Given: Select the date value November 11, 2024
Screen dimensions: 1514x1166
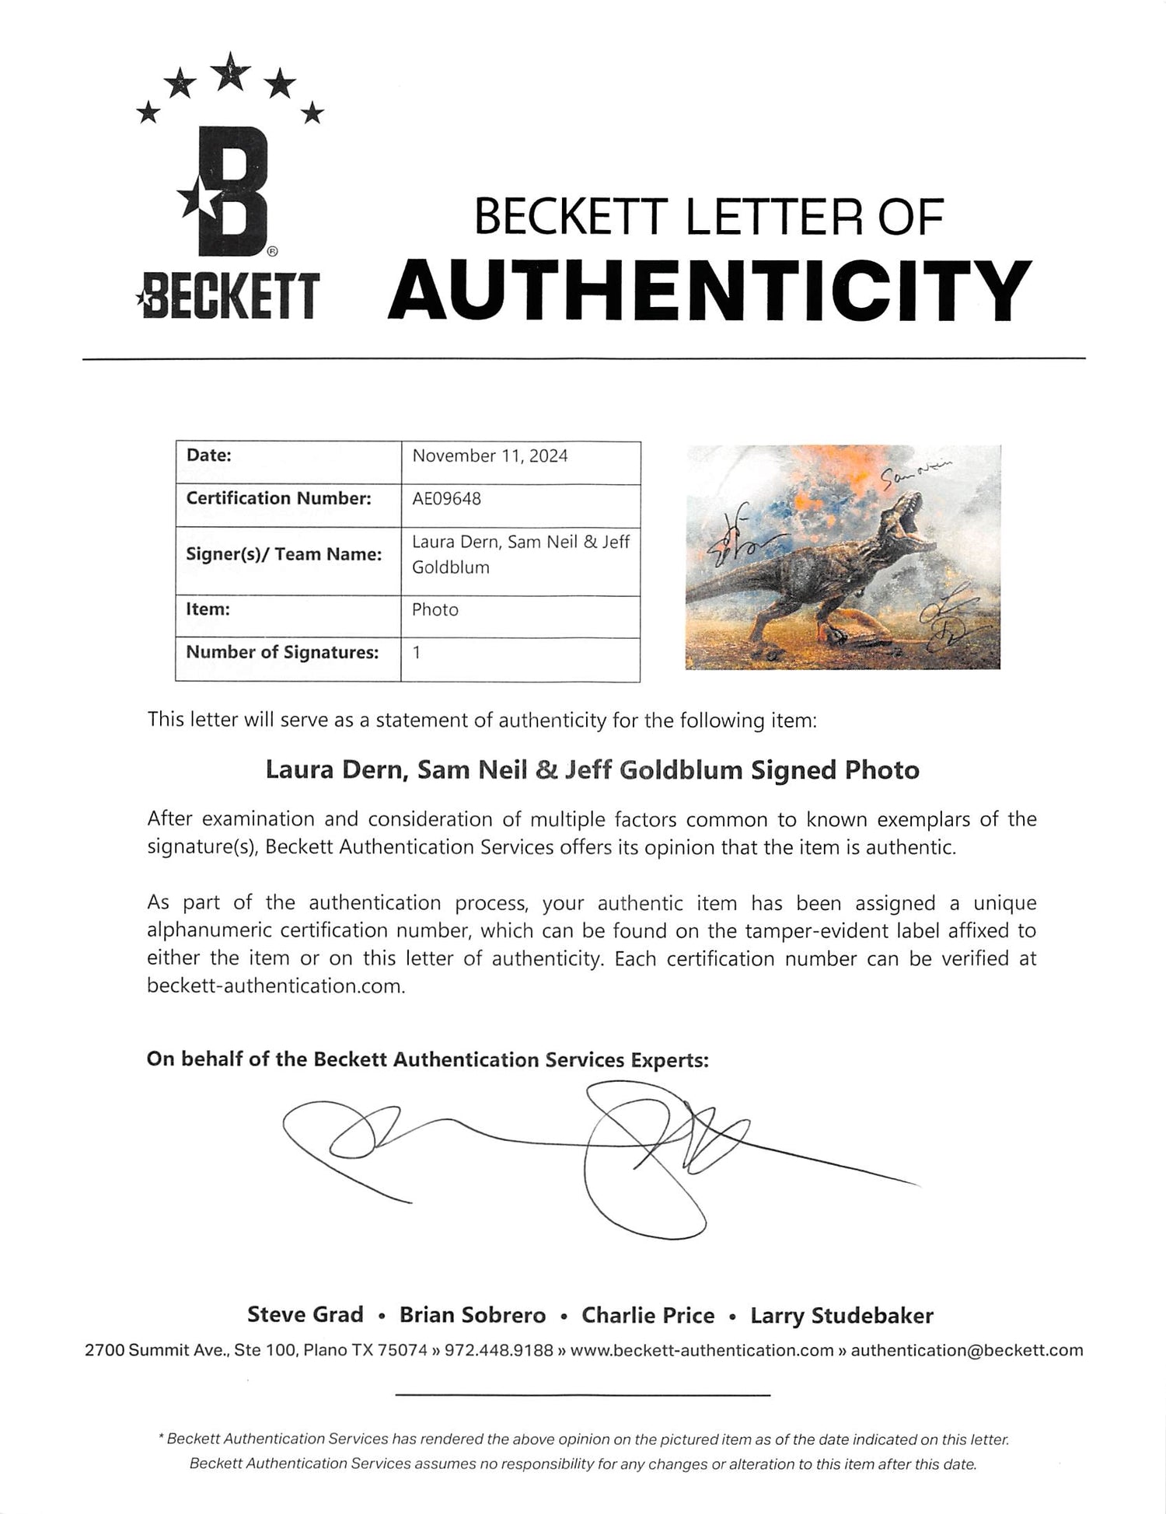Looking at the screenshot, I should pyautogui.click(x=490, y=456).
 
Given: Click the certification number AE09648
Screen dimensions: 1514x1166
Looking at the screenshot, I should pyautogui.click(x=446, y=498).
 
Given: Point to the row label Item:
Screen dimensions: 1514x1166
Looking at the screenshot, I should pyautogui.click(x=208, y=609).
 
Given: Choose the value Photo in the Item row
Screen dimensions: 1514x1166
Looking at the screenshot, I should pyautogui.click(x=435, y=610).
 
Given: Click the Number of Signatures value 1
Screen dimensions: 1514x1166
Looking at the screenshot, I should pyautogui.click(x=417, y=652).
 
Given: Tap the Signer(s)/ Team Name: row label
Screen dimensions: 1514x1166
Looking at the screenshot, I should pyautogui.click(x=284, y=554).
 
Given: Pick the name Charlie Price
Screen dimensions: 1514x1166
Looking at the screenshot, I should pyautogui.click(x=648, y=1315).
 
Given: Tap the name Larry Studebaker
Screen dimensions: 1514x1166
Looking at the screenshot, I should pyautogui.click(x=841, y=1315).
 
